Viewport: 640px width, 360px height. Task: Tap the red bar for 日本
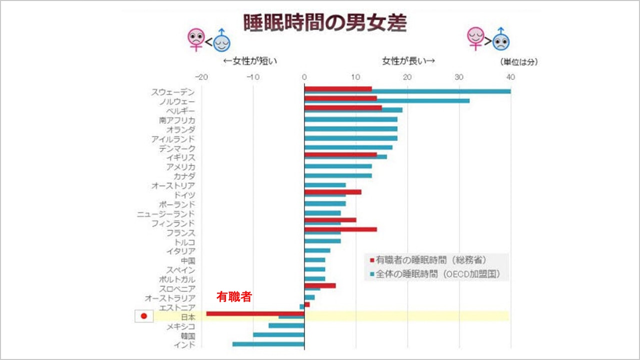255,313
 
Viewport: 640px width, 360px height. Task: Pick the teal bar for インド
268,344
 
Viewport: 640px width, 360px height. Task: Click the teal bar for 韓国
278,335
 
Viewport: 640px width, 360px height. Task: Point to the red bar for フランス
340,229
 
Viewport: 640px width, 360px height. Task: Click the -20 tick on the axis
201,77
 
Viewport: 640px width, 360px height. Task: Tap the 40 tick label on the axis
510,77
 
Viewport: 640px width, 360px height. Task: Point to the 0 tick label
304,77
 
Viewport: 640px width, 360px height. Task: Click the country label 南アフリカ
177,120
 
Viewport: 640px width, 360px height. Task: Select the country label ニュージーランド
166,214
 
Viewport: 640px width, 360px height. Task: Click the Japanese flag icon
144,316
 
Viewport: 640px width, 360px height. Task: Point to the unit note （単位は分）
518,62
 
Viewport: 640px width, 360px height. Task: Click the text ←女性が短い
249,60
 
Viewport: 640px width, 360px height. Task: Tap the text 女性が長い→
408,60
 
